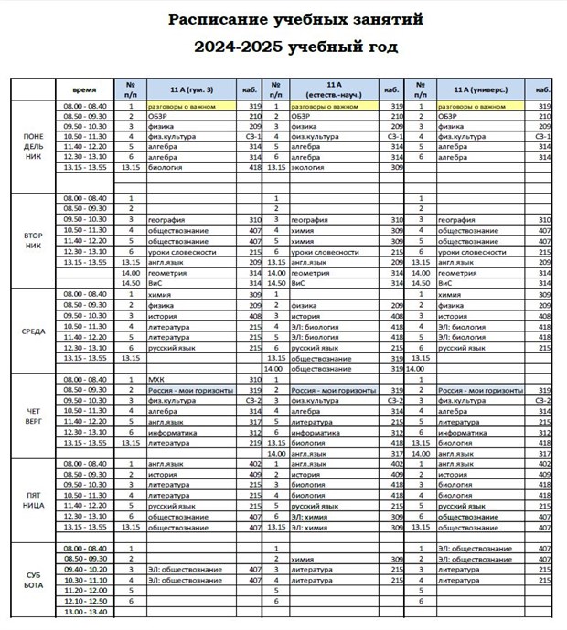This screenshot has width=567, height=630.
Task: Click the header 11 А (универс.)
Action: point(481,90)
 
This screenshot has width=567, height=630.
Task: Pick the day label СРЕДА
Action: point(33,331)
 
